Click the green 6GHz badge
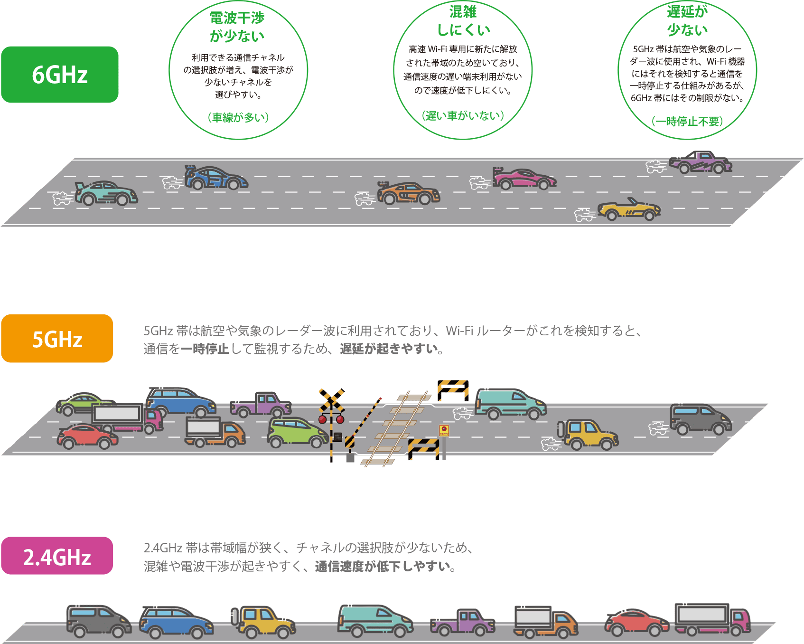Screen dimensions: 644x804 (x=60, y=75)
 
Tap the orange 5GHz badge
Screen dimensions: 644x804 (x=57, y=339)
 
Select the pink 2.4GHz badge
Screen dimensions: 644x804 (x=57, y=556)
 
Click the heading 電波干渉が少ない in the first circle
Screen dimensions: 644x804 (x=237, y=27)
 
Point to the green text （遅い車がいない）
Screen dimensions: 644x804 (x=463, y=115)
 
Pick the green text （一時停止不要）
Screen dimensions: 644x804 (x=687, y=122)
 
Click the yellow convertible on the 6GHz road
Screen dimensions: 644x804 (x=628, y=209)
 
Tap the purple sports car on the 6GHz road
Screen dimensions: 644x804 (x=701, y=162)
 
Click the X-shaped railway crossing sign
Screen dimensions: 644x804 (x=331, y=400)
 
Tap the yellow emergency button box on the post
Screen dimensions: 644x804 (x=444, y=430)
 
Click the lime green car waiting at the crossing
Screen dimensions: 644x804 (x=297, y=432)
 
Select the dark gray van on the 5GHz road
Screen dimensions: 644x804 (x=701, y=419)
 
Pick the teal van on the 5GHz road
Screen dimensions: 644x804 (x=510, y=404)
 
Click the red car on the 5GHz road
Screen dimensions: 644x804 (x=87, y=436)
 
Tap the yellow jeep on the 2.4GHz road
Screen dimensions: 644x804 (x=263, y=621)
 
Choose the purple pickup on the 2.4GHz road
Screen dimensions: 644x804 (x=463, y=623)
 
